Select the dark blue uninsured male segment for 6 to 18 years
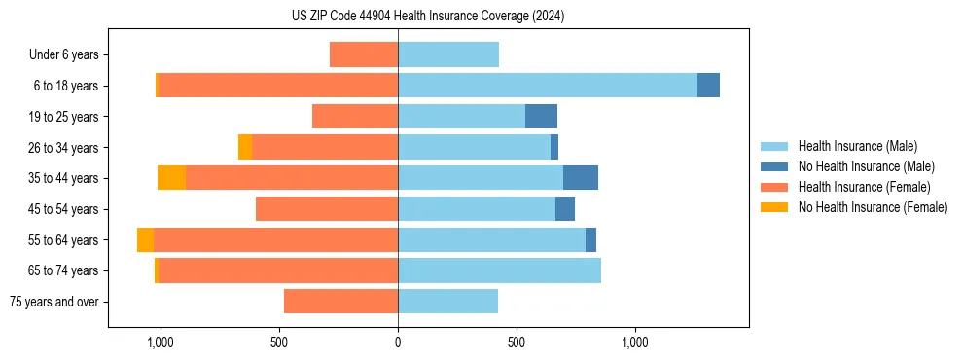coord(708,86)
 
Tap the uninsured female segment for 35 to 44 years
coord(171,178)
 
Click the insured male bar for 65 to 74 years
coord(499,270)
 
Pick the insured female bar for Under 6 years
coord(364,54)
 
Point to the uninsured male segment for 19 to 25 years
coord(541,117)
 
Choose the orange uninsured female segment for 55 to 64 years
coord(145,239)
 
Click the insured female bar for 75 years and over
coord(340,302)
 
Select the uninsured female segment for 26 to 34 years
coord(245,147)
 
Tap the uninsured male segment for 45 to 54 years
coord(565,209)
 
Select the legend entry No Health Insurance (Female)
coord(873,207)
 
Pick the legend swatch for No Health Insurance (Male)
coord(774,166)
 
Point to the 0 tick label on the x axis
coord(398,342)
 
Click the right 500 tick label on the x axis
coord(517,342)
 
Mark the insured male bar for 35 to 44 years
coord(481,178)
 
